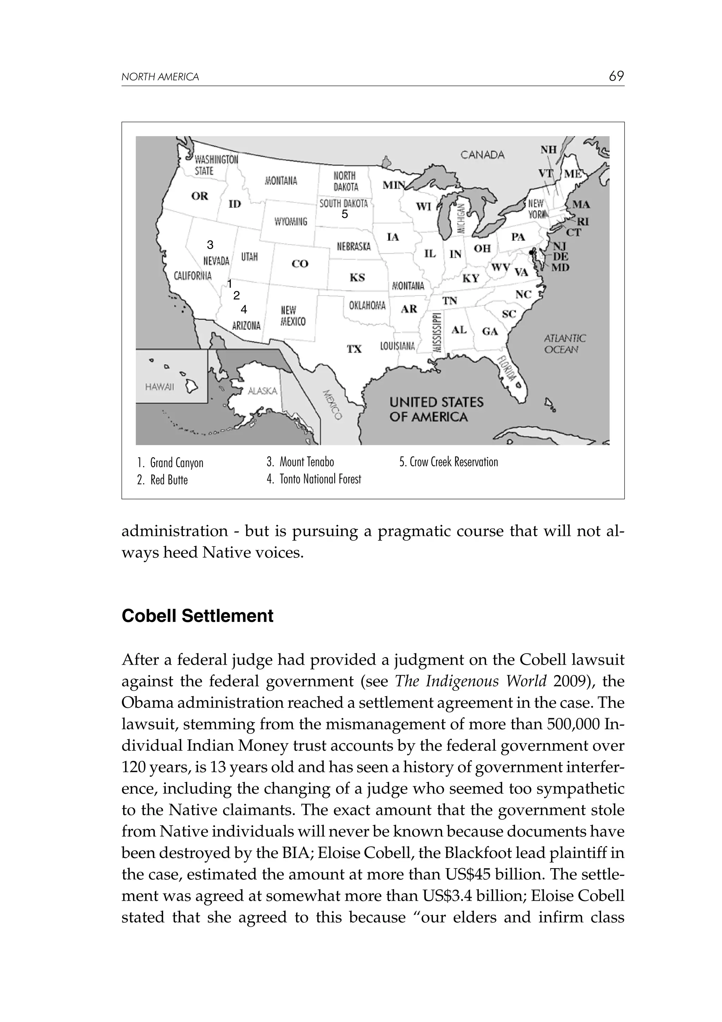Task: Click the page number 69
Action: (616, 77)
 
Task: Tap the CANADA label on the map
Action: (482, 155)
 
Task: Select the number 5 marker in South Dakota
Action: (344, 214)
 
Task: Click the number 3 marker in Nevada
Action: (210, 245)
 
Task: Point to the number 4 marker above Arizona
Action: (243, 309)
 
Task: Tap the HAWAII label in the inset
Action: (159, 387)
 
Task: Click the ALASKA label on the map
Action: (262, 391)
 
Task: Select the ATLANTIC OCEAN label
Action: (564, 344)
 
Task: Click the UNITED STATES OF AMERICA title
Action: (436, 410)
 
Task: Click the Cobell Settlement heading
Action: (197, 616)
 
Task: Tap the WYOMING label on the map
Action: (290, 221)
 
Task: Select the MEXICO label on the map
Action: (332, 405)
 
